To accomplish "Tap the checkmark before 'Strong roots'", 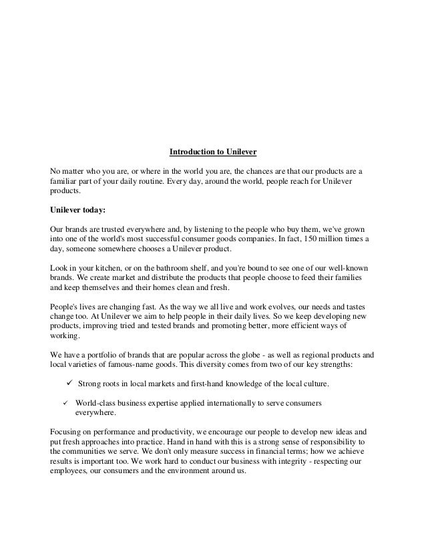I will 69,384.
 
